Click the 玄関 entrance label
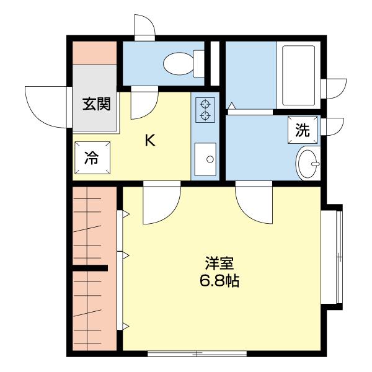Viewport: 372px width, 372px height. click(x=96, y=104)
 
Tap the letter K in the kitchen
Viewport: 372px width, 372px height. click(x=149, y=141)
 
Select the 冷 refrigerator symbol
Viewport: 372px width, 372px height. click(x=91, y=157)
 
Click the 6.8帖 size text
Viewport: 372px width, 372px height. click(x=219, y=281)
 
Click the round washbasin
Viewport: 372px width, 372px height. click(x=307, y=163)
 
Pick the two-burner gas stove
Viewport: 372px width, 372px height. click(x=205, y=109)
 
